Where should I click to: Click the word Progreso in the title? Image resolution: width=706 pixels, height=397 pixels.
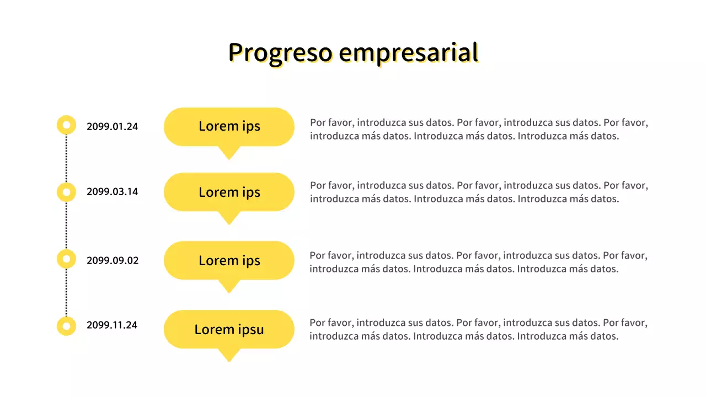click(x=280, y=52)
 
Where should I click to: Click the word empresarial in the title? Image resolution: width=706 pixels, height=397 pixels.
click(x=408, y=52)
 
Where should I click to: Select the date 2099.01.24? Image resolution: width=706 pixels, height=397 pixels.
click(x=112, y=126)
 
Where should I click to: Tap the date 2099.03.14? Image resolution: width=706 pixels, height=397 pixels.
click(x=112, y=192)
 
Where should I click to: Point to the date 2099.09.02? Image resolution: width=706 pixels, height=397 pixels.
click(x=112, y=260)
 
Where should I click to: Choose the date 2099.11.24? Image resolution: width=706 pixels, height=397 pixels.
click(x=112, y=325)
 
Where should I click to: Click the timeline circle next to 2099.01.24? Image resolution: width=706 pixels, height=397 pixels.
click(x=66, y=125)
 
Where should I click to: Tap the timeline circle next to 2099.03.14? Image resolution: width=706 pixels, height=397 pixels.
click(x=66, y=192)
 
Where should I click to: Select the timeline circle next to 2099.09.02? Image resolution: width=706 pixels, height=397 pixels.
click(x=66, y=259)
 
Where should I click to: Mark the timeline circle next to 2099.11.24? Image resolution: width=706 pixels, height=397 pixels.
click(x=66, y=326)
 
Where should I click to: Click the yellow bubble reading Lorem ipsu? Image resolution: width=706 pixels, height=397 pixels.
click(x=229, y=329)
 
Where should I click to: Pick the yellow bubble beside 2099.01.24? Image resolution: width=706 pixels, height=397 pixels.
click(x=229, y=126)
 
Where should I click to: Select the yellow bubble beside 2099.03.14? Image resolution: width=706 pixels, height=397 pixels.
click(x=229, y=192)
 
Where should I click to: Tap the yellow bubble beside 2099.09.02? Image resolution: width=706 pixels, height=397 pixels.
click(x=229, y=260)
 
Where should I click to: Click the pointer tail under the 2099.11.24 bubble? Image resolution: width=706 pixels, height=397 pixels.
click(x=228, y=355)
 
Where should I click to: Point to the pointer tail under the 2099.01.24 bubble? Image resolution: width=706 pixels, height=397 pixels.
click(x=228, y=152)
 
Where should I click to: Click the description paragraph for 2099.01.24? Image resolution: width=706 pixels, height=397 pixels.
click(x=478, y=129)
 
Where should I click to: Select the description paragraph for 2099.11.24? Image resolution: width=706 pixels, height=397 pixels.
click(x=478, y=329)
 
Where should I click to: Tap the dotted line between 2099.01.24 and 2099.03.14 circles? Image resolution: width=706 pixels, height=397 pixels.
click(x=66, y=159)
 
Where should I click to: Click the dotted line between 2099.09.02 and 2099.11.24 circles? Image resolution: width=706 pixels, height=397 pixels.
click(x=66, y=293)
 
